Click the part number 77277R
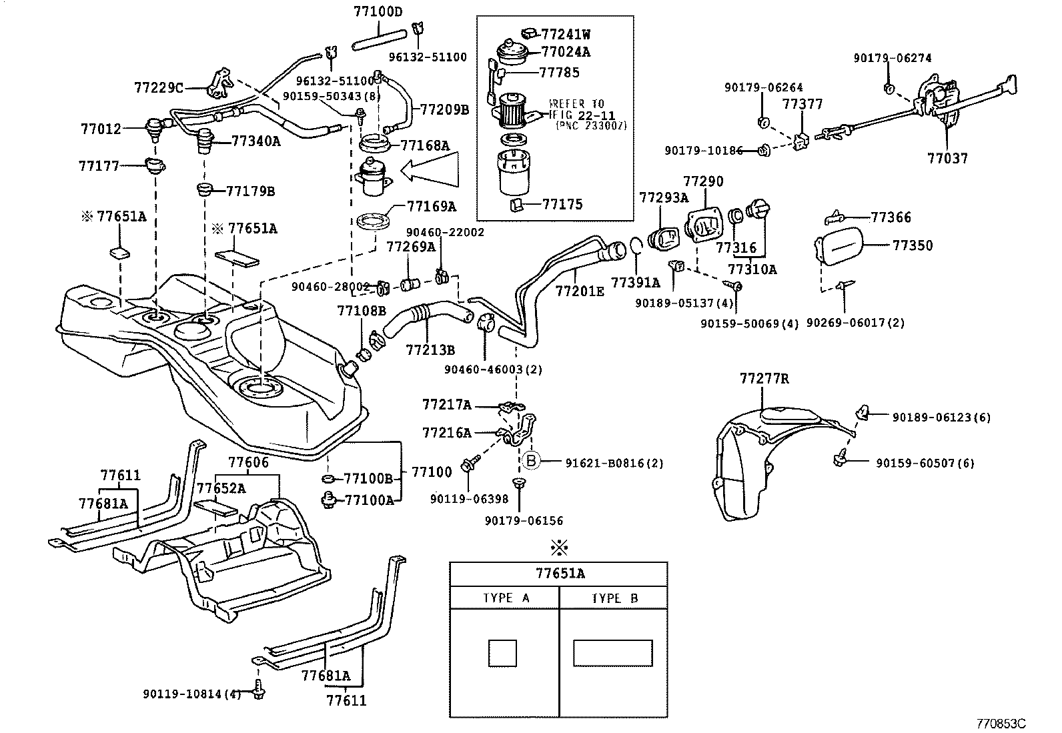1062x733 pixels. tap(764, 379)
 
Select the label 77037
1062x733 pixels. tap(947, 159)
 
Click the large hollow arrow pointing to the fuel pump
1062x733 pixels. tap(430, 169)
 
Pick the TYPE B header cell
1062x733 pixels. tap(614, 598)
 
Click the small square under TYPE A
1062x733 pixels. tap(502, 652)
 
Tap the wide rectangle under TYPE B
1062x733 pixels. tap(612, 652)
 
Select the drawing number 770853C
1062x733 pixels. tap(1001, 724)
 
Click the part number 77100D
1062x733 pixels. tap(378, 11)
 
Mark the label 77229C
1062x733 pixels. tap(159, 87)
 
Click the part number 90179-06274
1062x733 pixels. tap(892, 58)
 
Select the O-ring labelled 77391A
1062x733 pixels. tap(636, 248)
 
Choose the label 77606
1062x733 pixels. tap(248, 462)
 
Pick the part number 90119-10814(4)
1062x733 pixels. tap(191, 694)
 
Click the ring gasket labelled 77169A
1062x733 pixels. tap(371, 221)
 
